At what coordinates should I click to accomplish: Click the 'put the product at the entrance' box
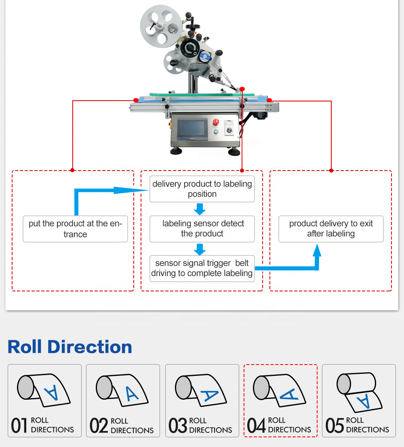tap(75, 229)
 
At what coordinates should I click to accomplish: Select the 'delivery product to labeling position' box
tap(202, 189)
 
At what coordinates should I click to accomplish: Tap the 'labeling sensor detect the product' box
tap(202, 229)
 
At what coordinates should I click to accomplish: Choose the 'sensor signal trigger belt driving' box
tap(202, 268)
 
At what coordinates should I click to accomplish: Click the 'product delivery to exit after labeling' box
tap(331, 229)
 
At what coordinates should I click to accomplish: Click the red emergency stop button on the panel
tap(216, 122)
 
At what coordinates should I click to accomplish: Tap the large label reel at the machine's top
tap(160, 26)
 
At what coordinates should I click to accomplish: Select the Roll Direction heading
tap(70, 347)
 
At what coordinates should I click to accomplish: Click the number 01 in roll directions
tap(19, 426)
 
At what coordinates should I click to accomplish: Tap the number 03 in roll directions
tap(177, 426)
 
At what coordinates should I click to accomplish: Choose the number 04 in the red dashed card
tap(256, 426)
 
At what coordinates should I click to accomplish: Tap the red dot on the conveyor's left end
tap(136, 100)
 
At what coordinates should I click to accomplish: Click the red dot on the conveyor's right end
tap(269, 100)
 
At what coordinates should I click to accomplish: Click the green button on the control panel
tap(216, 131)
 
